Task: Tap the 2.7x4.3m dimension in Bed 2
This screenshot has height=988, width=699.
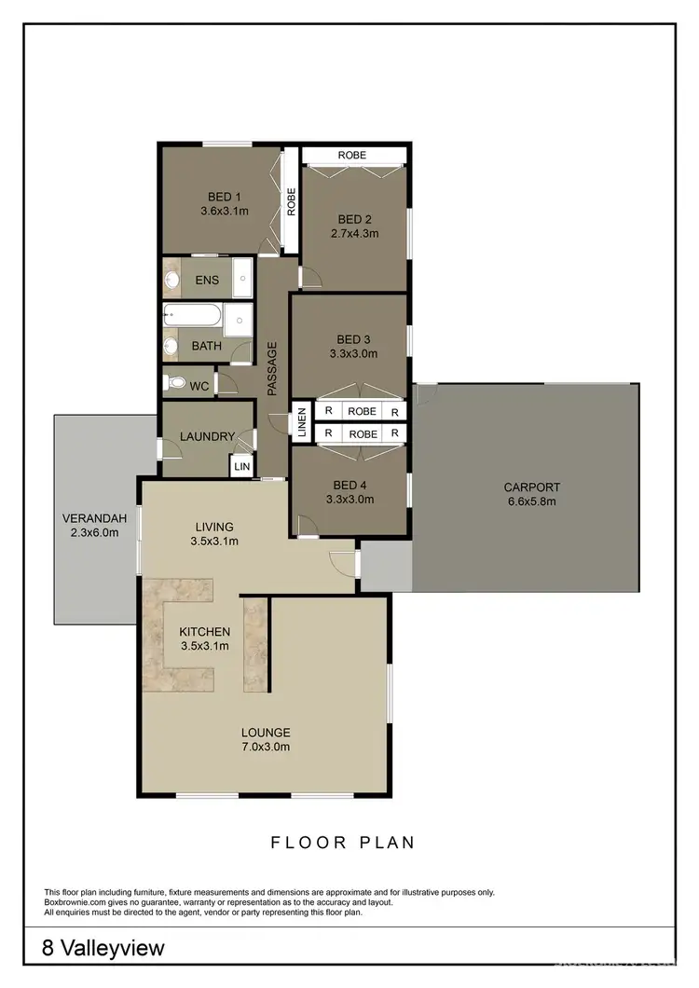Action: click(x=353, y=234)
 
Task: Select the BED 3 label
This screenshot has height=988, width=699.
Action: click(x=353, y=339)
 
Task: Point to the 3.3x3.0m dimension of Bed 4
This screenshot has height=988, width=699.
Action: click(x=350, y=500)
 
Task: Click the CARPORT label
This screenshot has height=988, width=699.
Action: click(x=531, y=487)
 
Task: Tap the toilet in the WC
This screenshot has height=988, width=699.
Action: click(x=174, y=382)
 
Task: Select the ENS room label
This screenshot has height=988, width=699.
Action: click(x=207, y=279)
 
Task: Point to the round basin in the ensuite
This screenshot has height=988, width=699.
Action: click(x=172, y=278)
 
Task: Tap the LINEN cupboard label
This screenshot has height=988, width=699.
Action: click(x=301, y=421)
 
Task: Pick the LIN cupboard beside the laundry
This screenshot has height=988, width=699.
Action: click(x=242, y=464)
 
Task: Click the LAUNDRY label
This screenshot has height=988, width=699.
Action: click(x=207, y=436)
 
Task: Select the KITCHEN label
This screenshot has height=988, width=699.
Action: click(x=204, y=632)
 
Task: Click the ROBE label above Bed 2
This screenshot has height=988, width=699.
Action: click(x=352, y=155)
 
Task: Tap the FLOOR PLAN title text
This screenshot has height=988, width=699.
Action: click(x=342, y=843)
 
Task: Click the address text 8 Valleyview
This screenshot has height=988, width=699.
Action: click(x=103, y=949)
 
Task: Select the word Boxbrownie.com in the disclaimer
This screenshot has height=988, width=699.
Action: click(x=77, y=902)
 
